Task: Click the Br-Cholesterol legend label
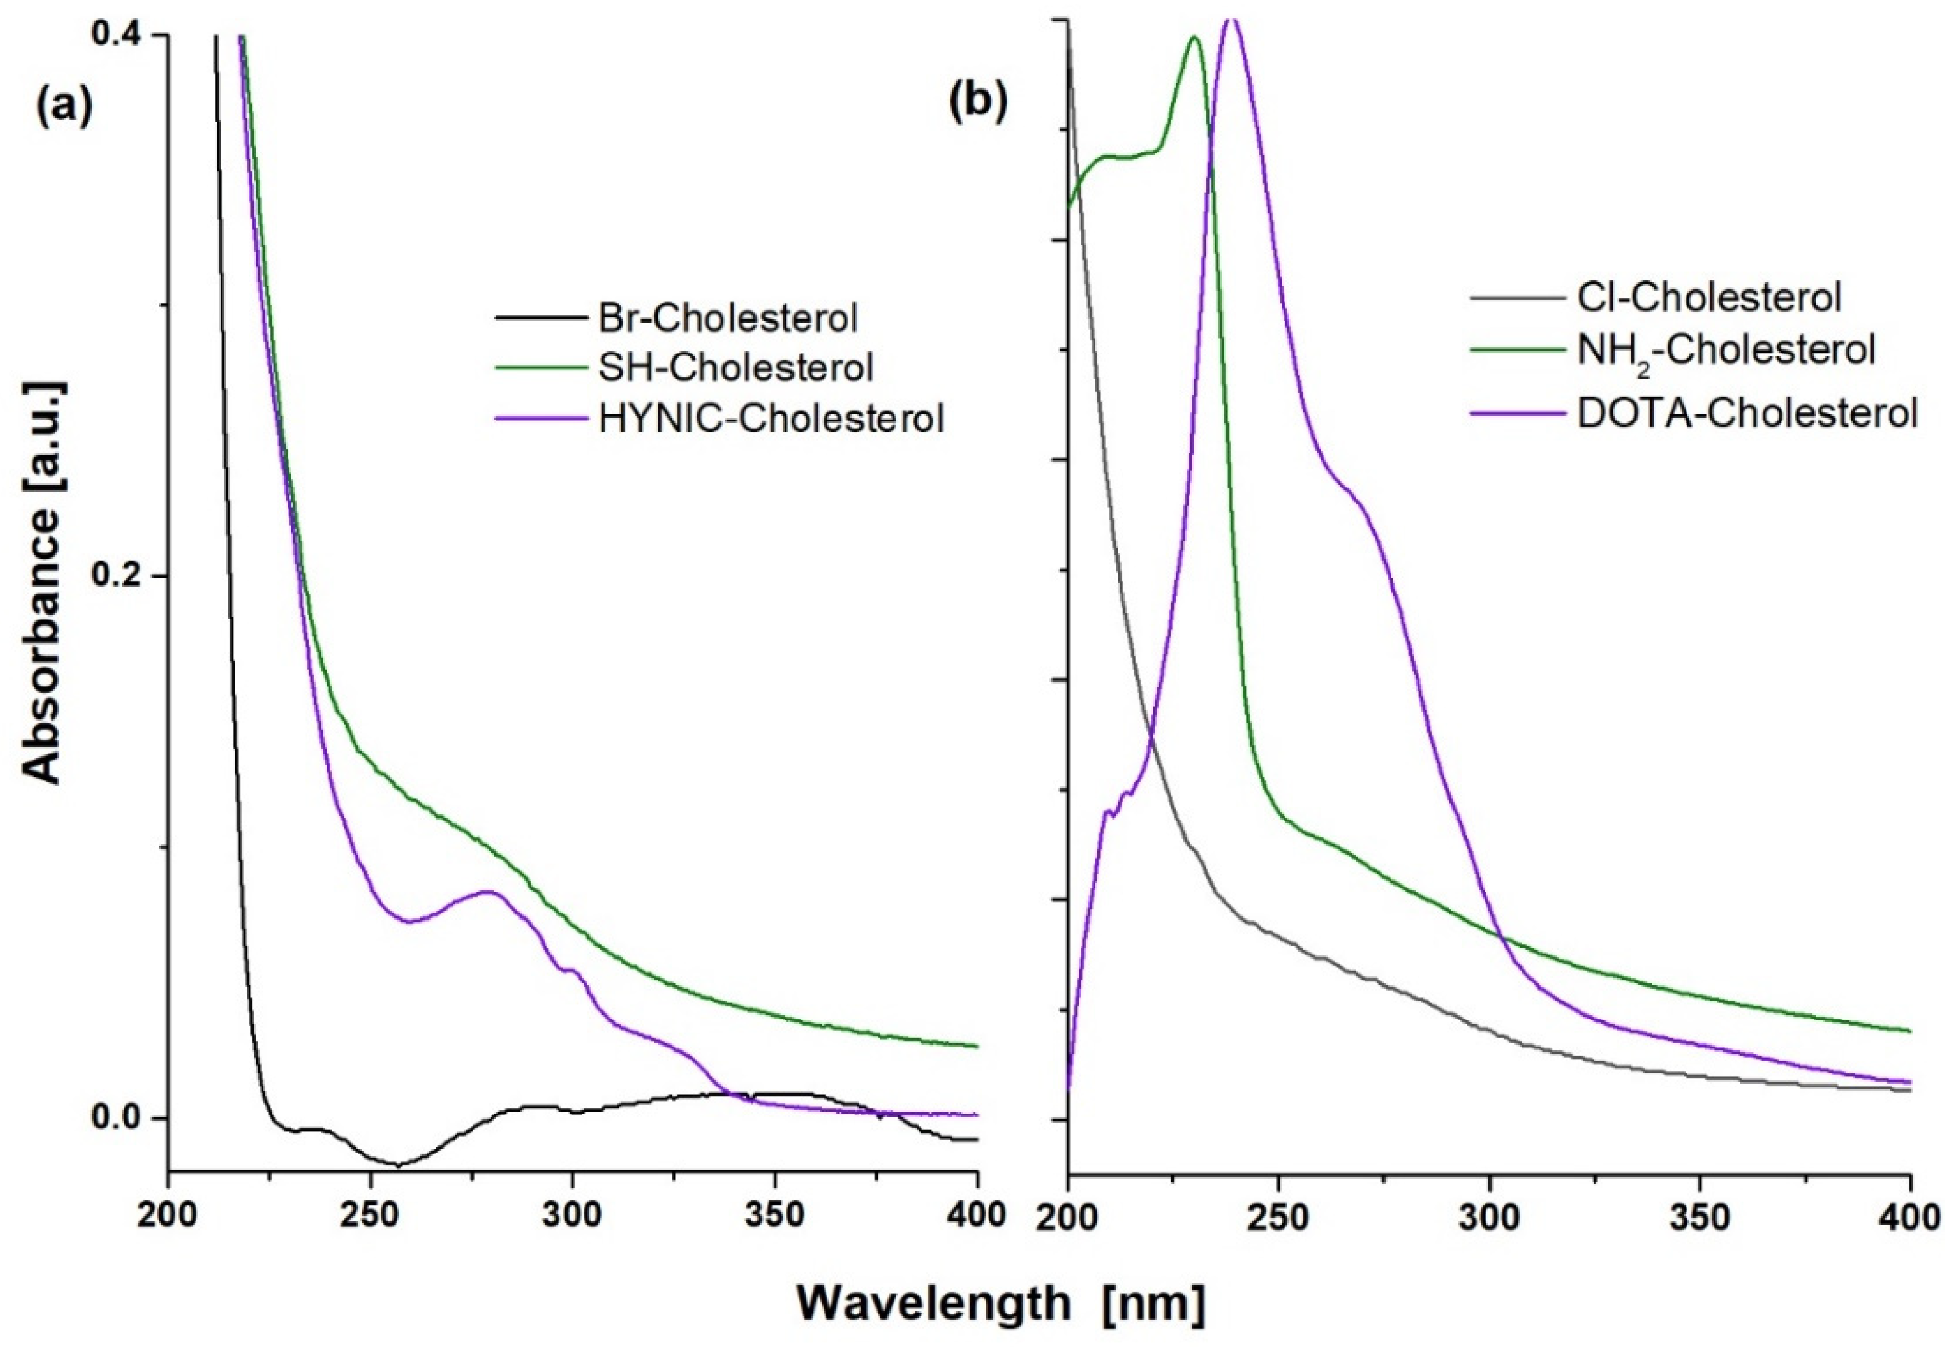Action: pyautogui.click(x=727, y=318)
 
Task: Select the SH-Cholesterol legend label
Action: pyautogui.click(x=735, y=368)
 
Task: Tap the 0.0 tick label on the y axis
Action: pyautogui.click(x=118, y=1119)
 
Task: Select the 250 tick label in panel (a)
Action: pyautogui.click(x=370, y=1216)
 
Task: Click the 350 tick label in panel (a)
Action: pyautogui.click(x=774, y=1216)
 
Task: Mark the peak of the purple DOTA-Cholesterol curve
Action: pyautogui.click(x=1231, y=19)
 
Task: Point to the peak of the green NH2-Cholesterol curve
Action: pyautogui.click(x=1194, y=37)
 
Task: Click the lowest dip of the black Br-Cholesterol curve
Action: pyautogui.click(x=397, y=1165)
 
